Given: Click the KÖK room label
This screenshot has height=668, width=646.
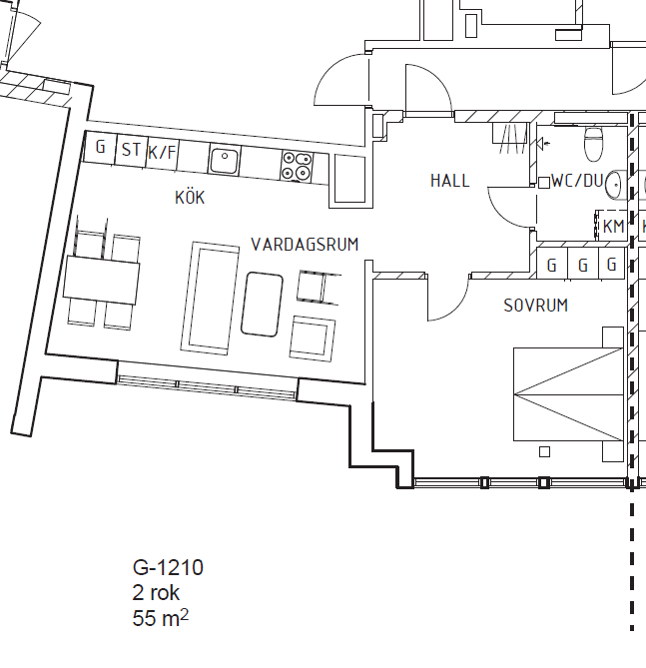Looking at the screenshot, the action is [190, 198].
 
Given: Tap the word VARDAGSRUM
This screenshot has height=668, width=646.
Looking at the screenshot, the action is [305, 245].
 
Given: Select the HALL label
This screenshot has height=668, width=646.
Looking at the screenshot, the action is [450, 181].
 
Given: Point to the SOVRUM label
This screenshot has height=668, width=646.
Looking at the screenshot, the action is [535, 306].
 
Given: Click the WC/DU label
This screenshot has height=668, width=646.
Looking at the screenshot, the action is [577, 181].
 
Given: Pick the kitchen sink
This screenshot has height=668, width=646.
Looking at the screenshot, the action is [224, 160].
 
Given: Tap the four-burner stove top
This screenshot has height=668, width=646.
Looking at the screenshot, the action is [297, 166].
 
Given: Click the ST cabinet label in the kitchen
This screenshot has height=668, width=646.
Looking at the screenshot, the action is [131, 150].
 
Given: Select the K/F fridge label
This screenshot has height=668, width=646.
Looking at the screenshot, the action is [162, 152].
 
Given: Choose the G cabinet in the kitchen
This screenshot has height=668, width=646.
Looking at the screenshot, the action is [100, 147].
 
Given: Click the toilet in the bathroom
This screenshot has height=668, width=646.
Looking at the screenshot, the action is [594, 144].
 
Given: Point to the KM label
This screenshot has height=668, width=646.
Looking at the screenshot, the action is [614, 227].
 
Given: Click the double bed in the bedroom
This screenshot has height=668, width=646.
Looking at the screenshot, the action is [569, 394].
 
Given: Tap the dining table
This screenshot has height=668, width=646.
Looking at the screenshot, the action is [102, 280].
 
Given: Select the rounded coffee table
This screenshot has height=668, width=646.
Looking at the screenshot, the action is [262, 305].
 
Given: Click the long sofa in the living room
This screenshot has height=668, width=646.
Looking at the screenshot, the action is [210, 299].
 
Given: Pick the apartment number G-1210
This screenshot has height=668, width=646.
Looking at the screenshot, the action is [168, 567].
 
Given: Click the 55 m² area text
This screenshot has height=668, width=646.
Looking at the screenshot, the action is [160, 618].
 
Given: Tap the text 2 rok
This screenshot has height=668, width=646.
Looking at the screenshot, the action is [156, 592].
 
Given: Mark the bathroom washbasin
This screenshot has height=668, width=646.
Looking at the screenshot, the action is [613, 185].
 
